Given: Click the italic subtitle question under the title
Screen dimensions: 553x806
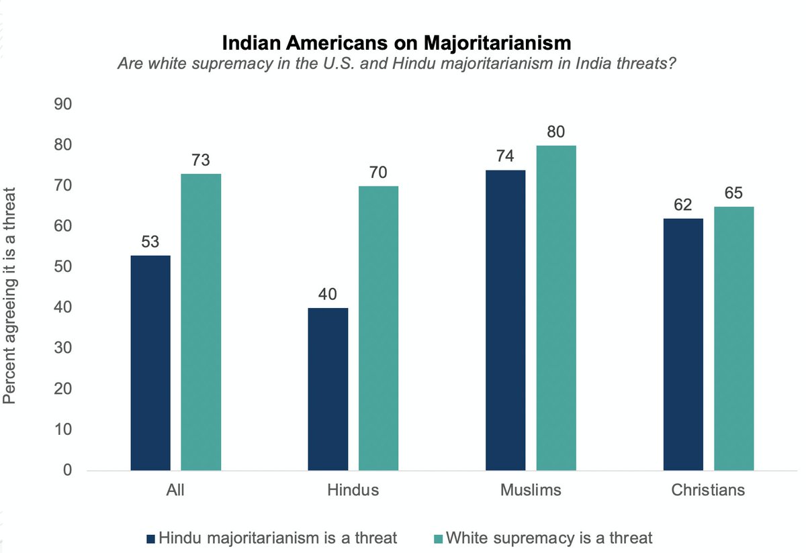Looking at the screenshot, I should pos(396,64).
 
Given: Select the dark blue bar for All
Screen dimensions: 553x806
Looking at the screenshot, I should pos(150,362).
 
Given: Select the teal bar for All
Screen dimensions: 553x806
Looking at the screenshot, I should pos(201,322).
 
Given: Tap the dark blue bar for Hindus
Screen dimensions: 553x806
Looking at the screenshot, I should pos(328,389).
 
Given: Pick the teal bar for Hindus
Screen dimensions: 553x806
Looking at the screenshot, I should pos(378,328).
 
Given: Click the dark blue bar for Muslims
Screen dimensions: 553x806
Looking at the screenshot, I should pos(505,320).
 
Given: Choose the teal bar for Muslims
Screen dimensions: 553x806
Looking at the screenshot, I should pos(555,308).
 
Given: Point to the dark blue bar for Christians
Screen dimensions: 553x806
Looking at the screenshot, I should pos(683,344).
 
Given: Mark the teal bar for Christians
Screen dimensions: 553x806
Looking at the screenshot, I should pos(733,338).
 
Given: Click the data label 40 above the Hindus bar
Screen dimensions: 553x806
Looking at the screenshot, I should pos(328,295).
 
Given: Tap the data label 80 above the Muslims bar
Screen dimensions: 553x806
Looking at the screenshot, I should pos(555,132).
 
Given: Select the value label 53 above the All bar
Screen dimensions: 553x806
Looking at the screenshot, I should pos(150,242).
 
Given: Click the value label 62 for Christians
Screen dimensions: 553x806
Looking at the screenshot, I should pos(683,205).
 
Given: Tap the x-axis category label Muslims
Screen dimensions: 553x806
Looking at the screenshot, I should pos(530,490).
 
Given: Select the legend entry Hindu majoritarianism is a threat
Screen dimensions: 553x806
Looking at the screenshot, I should pos(272,538).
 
